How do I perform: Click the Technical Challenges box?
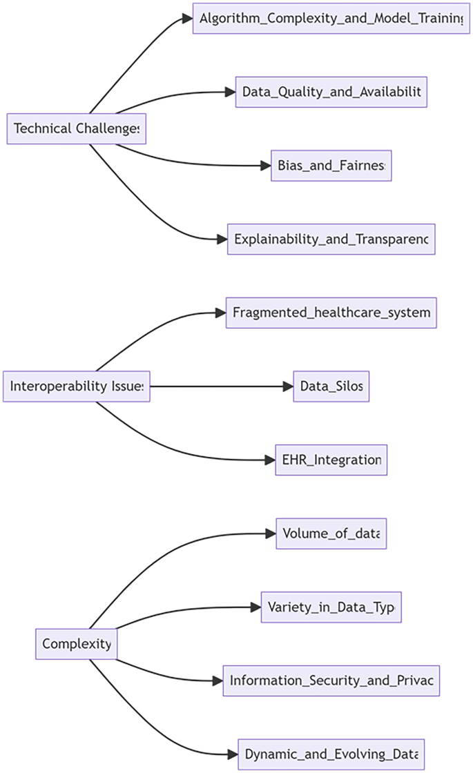[76, 128]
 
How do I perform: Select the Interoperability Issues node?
[77, 386]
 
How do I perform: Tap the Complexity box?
[76, 644]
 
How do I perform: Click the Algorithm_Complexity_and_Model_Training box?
[331, 19]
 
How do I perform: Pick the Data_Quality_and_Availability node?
[331, 92]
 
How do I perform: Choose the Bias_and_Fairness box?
[331, 166]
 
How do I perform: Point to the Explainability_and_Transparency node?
[331, 239]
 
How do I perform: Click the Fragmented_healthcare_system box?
[331, 313]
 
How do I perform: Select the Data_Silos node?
[331, 386]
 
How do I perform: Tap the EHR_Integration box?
[331, 460]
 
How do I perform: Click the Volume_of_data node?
[331, 534]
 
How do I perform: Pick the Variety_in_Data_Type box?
[331, 607]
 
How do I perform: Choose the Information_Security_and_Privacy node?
[331, 681]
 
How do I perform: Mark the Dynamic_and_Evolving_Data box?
[331, 754]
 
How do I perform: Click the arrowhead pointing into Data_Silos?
[289, 386]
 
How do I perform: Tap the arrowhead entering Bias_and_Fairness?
[266, 166]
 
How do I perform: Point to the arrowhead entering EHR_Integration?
[270, 460]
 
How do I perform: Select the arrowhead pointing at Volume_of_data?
[271, 534]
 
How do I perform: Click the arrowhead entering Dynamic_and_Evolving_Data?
[233, 754]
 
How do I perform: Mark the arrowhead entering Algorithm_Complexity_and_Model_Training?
[188, 19]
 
